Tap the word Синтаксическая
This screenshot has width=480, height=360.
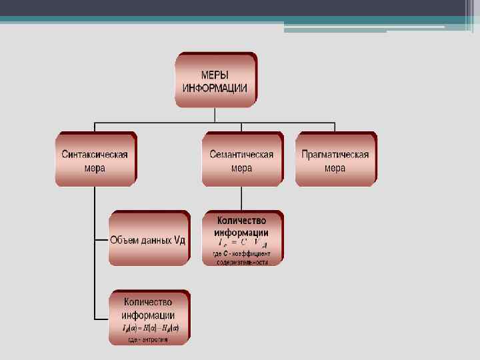(x=95, y=154)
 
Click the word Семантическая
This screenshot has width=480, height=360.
(x=241, y=154)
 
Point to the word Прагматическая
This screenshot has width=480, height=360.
(x=335, y=154)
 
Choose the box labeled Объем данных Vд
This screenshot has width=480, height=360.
(x=148, y=239)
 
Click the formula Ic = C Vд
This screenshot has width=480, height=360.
(x=241, y=243)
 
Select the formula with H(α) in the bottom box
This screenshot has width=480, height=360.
(x=150, y=328)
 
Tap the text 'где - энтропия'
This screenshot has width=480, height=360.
(x=149, y=339)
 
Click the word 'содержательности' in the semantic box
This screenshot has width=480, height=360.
(x=242, y=262)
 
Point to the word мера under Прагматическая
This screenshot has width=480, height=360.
(x=335, y=168)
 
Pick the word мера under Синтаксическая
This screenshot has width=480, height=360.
(x=95, y=168)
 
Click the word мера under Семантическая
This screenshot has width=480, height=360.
(x=241, y=168)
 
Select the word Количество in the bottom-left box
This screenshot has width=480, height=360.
(x=149, y=302)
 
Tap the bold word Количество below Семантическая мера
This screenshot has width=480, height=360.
(x=242, y=220)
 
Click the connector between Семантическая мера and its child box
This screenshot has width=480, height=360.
(x=242, y=198)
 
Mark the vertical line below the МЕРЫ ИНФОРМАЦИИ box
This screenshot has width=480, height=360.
(x=215, y=115)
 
